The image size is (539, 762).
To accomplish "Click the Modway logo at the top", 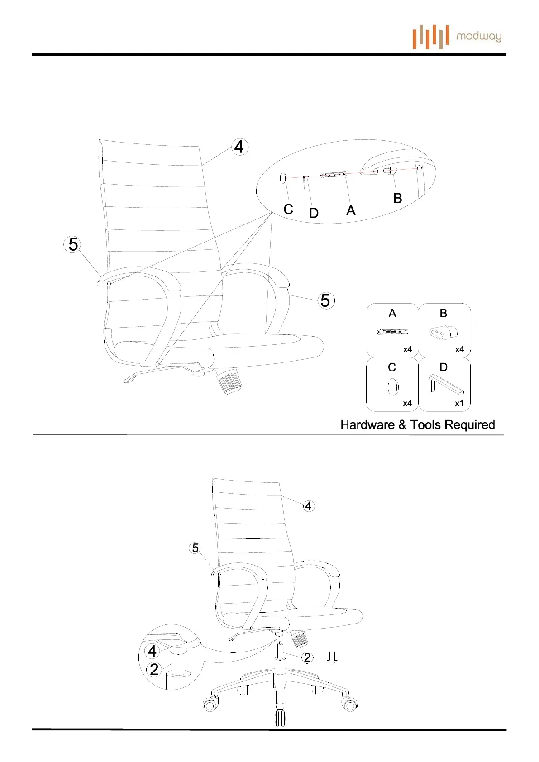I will click(x=457, y=37).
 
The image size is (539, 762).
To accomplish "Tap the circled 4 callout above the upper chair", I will click(x=239, y=147).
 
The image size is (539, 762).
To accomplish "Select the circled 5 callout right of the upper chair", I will click(x=325, y=300).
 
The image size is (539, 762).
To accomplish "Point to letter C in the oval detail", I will click(x=288, y=210).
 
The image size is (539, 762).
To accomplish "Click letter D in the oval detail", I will click(x=314, y=213).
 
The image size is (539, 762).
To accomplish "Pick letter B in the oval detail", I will click(x=397, y=198).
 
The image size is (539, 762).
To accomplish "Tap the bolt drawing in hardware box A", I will click(x=392, y=332).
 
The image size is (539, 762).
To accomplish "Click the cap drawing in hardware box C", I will click(x=393, y=387).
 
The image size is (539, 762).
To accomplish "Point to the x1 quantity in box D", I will click(x=459, y=403).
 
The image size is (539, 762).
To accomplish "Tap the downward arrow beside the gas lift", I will click(x=332, y=658).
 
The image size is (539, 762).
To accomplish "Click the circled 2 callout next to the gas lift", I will click(x=307, y=657).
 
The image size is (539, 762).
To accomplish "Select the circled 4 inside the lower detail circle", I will click(x=153, y=651).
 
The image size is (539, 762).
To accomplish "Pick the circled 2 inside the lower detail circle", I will click(x=154, y=669).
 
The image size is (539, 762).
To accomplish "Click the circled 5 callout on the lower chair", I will click(x=195, y=548).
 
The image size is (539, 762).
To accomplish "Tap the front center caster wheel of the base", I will click(x=281, y=717).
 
